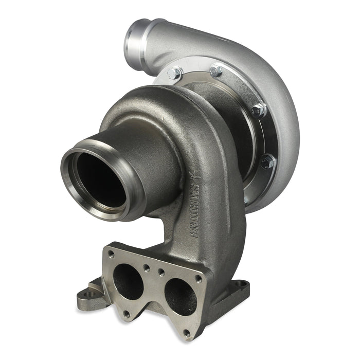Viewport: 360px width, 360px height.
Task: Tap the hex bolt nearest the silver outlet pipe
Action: (175, 73)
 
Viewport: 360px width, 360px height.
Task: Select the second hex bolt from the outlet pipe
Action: (216, 70)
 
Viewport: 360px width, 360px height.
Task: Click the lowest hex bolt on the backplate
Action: (267, 162)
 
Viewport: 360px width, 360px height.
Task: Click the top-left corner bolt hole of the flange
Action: (111, 254)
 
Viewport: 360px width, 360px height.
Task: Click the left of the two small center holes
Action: (147, 267)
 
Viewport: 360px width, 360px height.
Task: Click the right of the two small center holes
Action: (161, 273)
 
